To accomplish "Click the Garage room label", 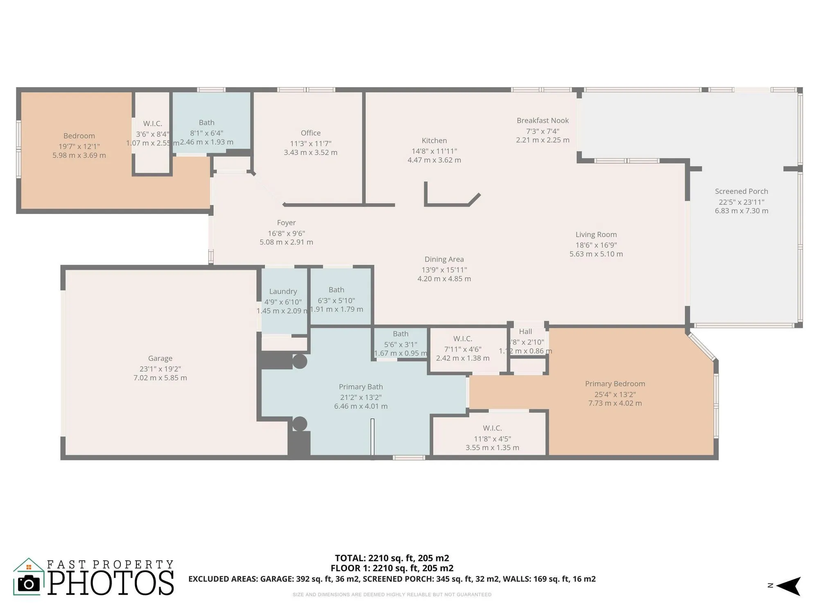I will point(160,358).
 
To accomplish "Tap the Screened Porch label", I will point(741,191).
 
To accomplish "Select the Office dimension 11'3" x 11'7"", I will point(310,143).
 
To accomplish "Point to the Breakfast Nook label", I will point(543,120).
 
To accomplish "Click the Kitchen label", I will point(434,140).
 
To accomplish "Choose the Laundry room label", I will point(283,291).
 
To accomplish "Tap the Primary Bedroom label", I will point(615,384).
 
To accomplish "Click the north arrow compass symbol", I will point(788,586).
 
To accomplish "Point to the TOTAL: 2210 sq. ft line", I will point(392,558).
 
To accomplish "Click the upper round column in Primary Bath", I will point(300,361).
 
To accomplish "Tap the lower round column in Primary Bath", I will point(300,424).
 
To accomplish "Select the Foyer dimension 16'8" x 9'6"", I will point(286,233).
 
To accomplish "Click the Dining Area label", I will point(444,259).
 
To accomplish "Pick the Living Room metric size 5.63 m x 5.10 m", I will point(596,254).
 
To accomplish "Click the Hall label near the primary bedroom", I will point(525,332).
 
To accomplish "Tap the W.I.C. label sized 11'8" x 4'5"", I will point(492,428).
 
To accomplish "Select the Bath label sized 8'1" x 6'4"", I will point(206,122).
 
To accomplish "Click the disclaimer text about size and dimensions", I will point(392,594).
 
